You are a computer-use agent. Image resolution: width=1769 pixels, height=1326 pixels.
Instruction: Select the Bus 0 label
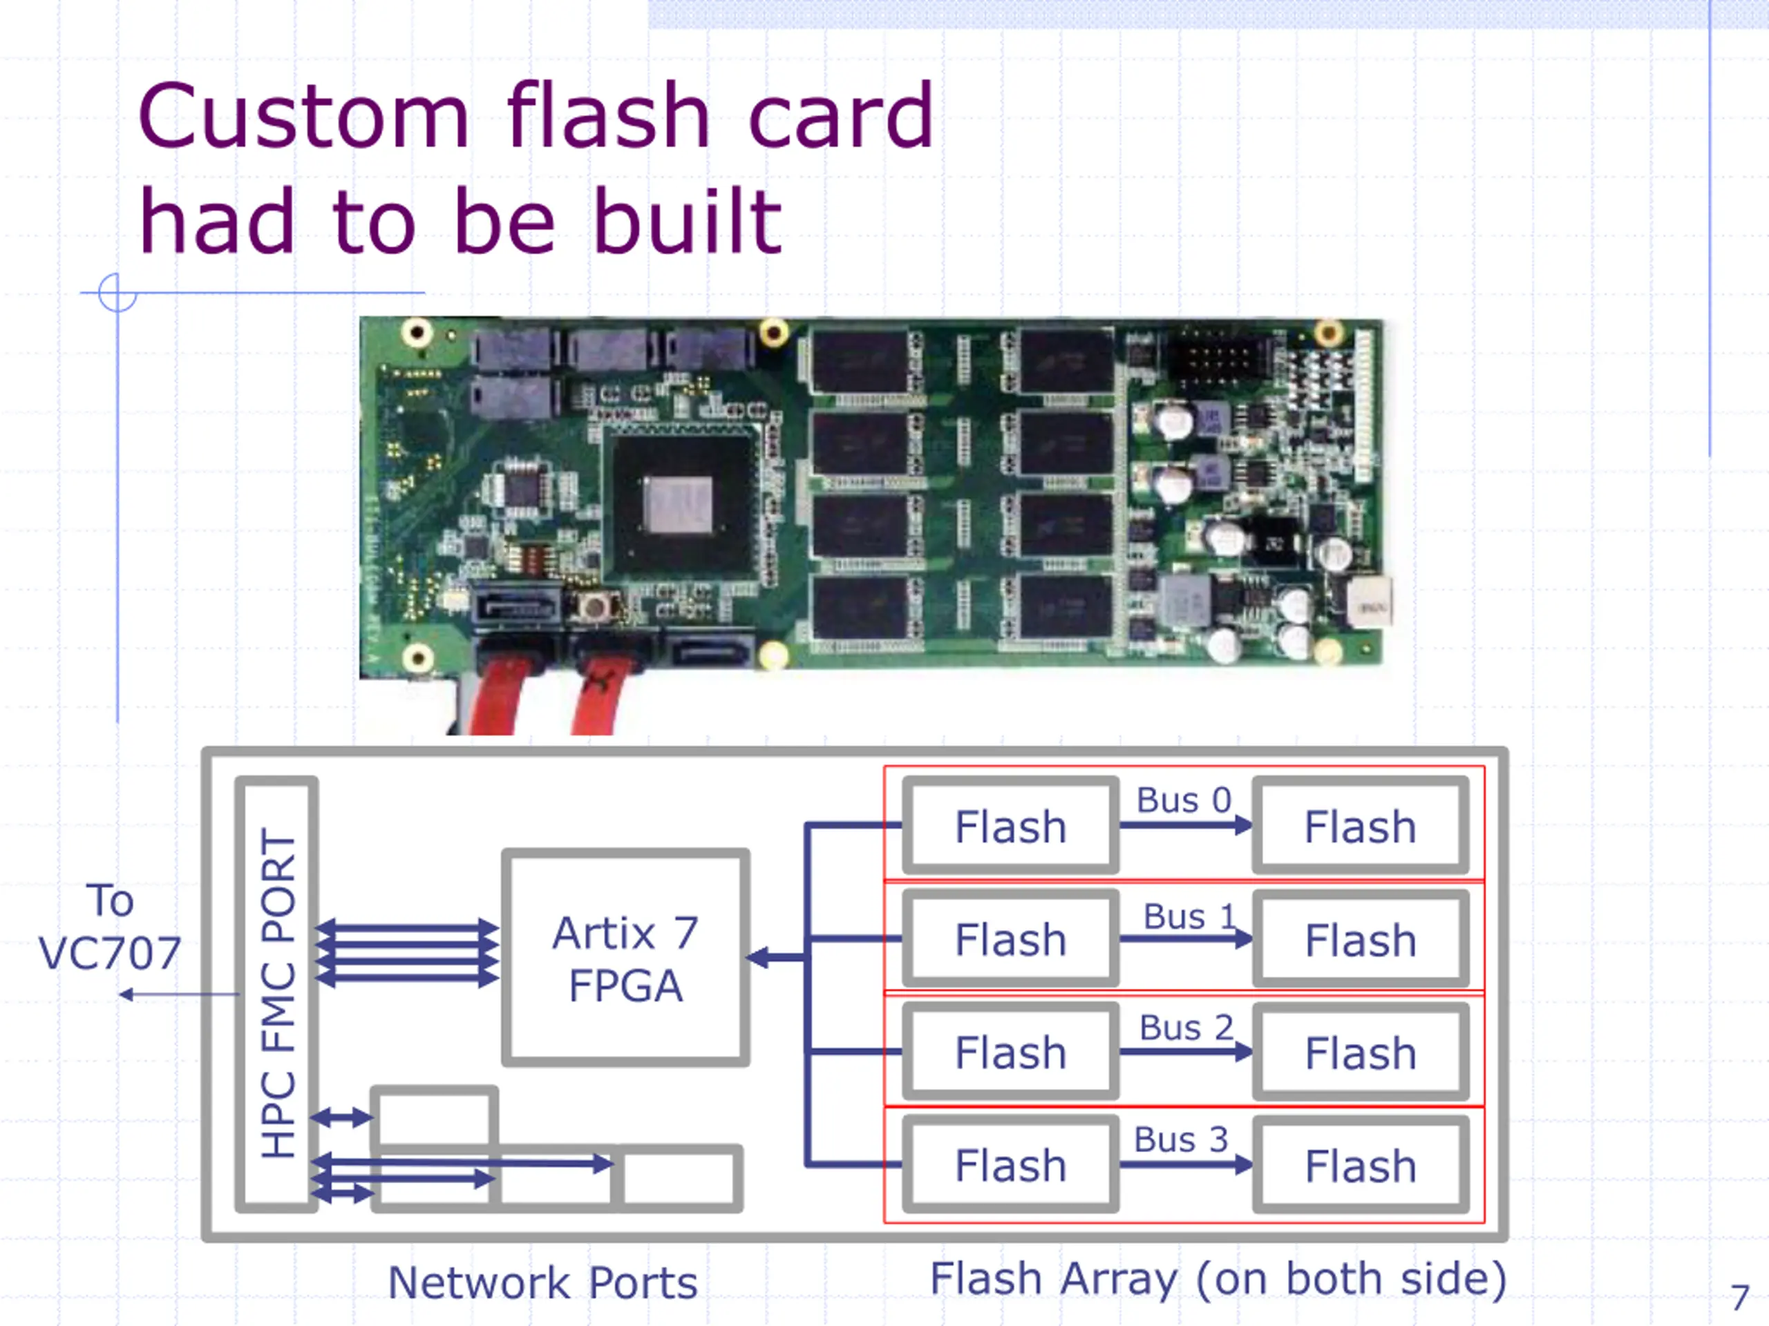tap(1184, 800)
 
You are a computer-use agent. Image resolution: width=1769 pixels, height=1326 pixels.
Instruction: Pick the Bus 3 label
tap(1181, 1140)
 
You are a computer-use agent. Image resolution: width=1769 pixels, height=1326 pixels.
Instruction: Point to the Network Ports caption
tap(543, 1283)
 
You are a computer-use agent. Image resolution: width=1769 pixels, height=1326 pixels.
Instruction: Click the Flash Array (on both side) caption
tap(1218, 1279)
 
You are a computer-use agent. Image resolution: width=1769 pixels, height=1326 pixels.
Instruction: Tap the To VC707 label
tap(111, 926)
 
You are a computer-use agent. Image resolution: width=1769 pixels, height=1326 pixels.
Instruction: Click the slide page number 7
tap(1739, 1297)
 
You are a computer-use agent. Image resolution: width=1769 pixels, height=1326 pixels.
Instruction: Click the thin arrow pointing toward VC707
tap(179, 995)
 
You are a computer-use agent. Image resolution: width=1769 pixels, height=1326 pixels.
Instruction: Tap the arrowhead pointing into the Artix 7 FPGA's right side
tap(757, 957)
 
